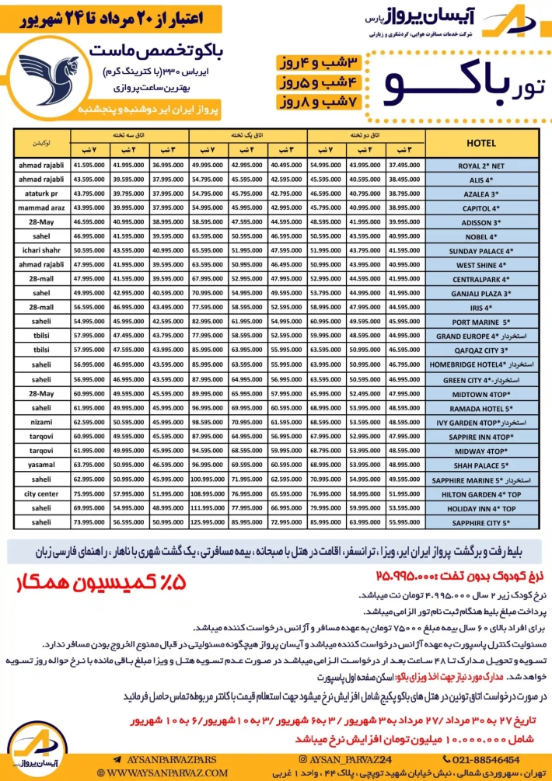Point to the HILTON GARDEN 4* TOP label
(484, 493)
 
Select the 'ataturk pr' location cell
(37, 194)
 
